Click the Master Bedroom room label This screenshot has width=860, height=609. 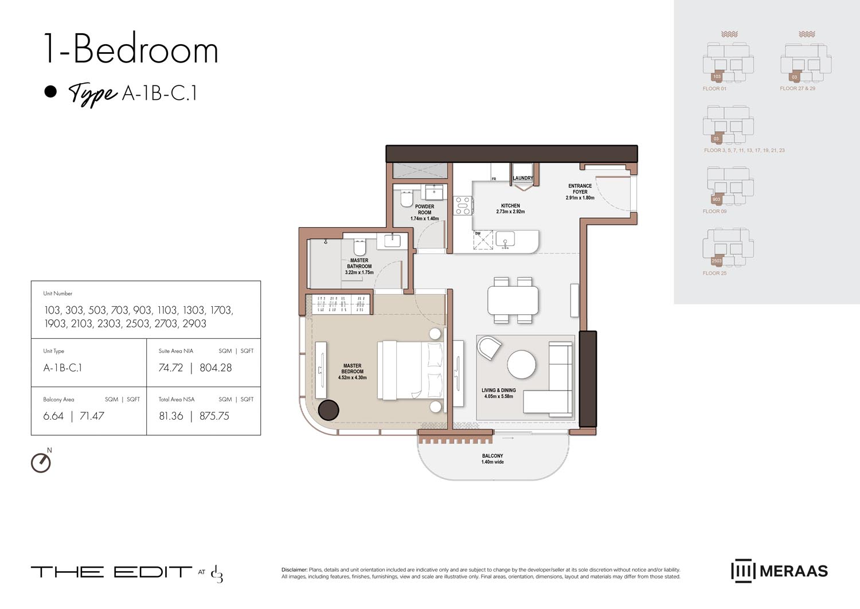(352, 369)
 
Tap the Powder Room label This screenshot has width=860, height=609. (424, 209)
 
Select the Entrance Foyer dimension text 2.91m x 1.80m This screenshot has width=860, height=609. (580, 198)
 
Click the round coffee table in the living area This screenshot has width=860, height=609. (521, 364)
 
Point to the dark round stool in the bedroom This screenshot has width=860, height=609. (329, 409)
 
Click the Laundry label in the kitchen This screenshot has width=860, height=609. (522, 178)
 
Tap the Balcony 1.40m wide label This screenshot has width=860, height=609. (492, 459)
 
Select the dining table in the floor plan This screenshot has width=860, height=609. (513, 300)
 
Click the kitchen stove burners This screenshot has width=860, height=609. (463, 205)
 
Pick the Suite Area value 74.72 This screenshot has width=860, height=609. (171, 368)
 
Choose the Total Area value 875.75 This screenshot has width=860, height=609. (214, 416)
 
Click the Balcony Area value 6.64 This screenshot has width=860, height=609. (53, 416)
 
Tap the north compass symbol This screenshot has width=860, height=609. (41, 462)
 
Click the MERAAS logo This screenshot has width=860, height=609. (779, 571)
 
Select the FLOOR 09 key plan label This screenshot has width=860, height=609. (714, 212)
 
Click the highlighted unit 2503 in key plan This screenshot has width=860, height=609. (716, 261)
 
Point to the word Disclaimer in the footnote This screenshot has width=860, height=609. (294, 570)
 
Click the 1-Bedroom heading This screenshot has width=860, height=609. (131, 50)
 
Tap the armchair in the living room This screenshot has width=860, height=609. (488, 348)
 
